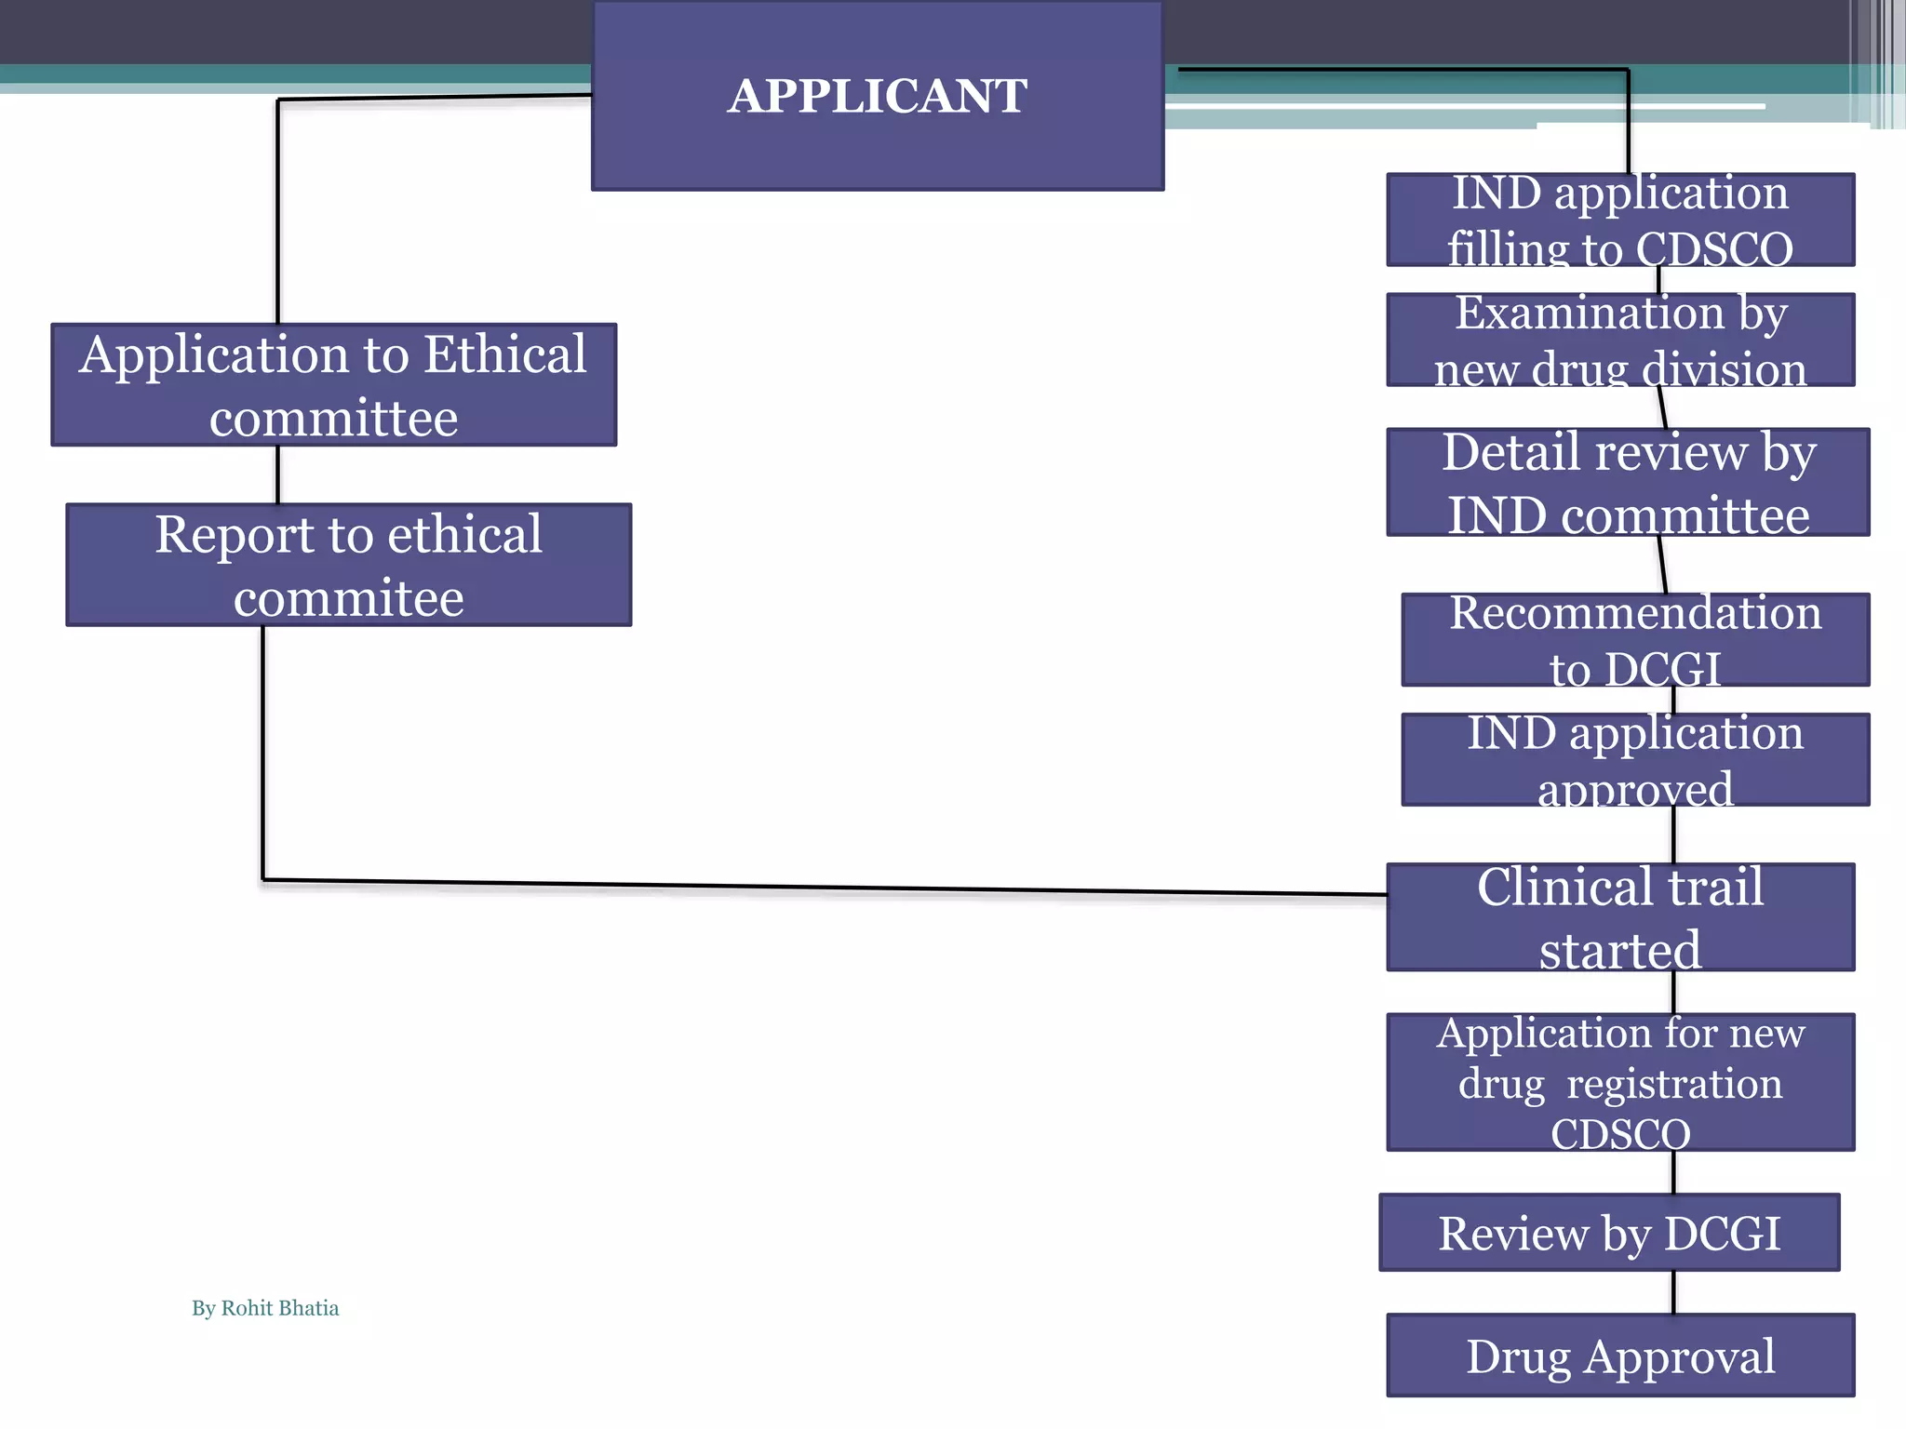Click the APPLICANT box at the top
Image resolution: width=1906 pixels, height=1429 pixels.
(x=878, y=96)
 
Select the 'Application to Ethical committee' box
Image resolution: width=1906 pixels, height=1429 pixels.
(x=333, y=385)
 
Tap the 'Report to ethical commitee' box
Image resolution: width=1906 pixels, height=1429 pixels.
(x=348, y=565)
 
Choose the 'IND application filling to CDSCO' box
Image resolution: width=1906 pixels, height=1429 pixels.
(x=1619, y=220)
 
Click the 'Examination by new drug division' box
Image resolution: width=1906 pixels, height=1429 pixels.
(x=1619, y=340)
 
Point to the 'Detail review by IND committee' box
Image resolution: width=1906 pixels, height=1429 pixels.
(x=1627, y=482)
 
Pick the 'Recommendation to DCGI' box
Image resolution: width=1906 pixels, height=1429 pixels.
(x=1635, y=640)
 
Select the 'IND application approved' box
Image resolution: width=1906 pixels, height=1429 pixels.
(x=1635, y=759)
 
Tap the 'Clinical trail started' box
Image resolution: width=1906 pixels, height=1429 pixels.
(x=1619, y=917)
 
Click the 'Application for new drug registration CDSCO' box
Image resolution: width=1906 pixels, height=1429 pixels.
(x=1619, y=1082)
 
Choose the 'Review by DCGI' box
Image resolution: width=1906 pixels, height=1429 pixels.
(x=1609, y=1233)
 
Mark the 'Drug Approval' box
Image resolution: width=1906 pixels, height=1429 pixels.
(x=1619, y=1356)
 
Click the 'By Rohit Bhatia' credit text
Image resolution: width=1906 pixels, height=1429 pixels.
(x=265, y=1308)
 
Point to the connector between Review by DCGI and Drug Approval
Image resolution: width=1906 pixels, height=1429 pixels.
(x=1673, y=1292)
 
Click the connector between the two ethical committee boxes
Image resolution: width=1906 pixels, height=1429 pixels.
(x=277, y=474)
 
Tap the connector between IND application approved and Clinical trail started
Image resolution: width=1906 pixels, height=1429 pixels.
(x=1673, y=835)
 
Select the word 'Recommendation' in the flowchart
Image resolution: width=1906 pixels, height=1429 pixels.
(x=1635, y=613)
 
